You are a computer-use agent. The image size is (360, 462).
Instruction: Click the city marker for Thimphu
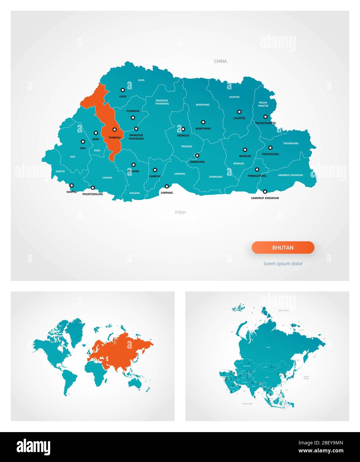click(114, 130)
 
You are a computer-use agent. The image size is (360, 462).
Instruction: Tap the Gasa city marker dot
click(123, 90)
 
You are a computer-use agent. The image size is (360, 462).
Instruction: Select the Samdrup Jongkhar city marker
click(265, 191)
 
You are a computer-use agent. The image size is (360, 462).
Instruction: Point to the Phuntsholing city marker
click(93, 187)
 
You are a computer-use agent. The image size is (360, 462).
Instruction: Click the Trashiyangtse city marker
click(265, 117)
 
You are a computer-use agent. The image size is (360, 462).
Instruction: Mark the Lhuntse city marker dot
click(239, 112)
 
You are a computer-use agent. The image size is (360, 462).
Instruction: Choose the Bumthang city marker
click(203, 122)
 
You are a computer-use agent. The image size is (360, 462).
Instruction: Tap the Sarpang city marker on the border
click(167, 186)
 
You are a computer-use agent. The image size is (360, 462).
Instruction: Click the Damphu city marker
click(155, 170)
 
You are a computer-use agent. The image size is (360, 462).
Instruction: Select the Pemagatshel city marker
click(257, 170)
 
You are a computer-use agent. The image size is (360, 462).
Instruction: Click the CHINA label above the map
click(220, 61)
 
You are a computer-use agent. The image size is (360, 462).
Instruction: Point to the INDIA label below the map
click(181, 212)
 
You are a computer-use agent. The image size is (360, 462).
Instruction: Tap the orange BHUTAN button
click(283, 248)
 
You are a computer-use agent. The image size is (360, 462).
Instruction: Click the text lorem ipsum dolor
click(283, 264)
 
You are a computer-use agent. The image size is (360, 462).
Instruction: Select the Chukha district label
click(107, 178)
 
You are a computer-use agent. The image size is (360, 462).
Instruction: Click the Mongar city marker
click(245, 150)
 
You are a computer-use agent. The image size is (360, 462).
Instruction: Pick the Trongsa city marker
click(183, 129)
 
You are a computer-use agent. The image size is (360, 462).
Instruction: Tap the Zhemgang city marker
click(197, 155)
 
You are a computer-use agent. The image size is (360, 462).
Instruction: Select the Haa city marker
click(83, 141)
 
